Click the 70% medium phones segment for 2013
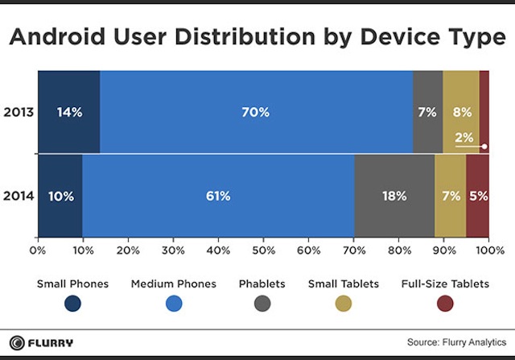(256, 112)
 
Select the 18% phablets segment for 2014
(394, 196)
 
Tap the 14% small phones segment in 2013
(69, 112)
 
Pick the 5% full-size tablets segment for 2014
(478, 196)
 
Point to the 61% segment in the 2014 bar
(218, 196)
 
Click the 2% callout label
(463, 138)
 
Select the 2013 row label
(18, 112)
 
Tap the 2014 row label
(18, 196)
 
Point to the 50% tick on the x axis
(263, 250)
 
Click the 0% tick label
(37, 250)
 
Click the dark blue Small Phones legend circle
(73, 303)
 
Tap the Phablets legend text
(262, 283)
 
